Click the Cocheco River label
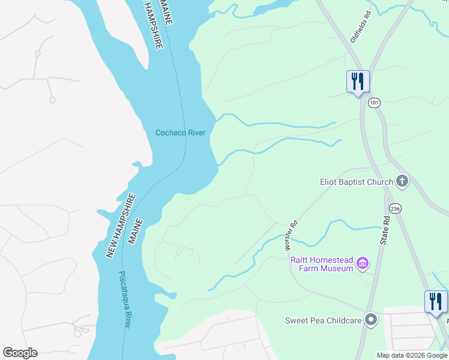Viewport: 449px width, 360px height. click(x=180, y=133)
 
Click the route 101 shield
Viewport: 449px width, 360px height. click(x=375, y=103)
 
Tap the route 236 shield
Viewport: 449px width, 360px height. click(x=394, y=208)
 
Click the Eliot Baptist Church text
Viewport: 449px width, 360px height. click(x=356, y=181)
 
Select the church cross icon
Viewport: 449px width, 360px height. click(x=402, y=181)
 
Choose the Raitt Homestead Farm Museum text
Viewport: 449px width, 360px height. click(x=322, y=264)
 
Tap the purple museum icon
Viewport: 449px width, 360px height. click(x=362, y=263)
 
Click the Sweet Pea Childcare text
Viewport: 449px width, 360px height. click(x=323, y=320)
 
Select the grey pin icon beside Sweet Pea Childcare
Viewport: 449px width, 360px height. click(x=371, y=320)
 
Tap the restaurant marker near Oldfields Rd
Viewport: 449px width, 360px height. click(x=358, y=82)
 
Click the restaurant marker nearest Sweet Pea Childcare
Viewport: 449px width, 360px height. click(x=436, y=301)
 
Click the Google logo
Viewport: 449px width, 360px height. click(x=20, y=353)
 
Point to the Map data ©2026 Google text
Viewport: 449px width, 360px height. click(x=412, y=355)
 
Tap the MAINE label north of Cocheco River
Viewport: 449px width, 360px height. click(x=166, y=12)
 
